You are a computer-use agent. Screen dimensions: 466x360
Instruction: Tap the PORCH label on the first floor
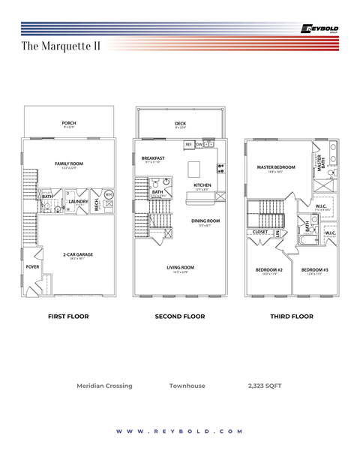click(x=69, y=122)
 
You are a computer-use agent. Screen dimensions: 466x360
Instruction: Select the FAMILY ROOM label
click(x=68, y=163)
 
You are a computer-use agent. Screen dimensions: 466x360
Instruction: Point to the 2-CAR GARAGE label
click(x=78, y=254)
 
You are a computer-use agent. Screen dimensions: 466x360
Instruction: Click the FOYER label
click(x=32, y=266)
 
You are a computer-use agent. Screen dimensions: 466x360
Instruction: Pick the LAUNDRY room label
click(x=78, y=201)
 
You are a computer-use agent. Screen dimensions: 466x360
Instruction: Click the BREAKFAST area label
click(x=153, y=158)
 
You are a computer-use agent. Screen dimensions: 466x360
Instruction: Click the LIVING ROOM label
click(x=181, y=267)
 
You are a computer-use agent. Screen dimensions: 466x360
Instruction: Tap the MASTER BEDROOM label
click(x=276, y=167)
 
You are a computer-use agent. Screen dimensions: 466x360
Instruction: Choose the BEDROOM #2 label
click(x=269, y=269)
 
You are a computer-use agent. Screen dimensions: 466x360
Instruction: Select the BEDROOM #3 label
click(x=315, y=269)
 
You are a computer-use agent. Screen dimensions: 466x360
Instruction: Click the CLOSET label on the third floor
click(x=260, y=232)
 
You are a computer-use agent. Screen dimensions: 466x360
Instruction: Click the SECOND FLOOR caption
click(x=180, y=317)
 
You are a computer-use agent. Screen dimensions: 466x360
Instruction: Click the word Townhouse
click(x=187, y=386)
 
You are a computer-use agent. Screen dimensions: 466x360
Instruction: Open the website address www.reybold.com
click(x=180, y=431)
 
